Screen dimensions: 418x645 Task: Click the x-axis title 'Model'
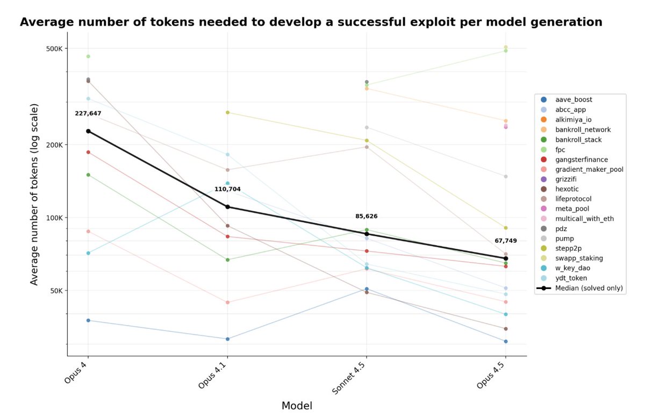pyautogui.click(x=297, y=406)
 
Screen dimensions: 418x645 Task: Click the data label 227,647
pyautogui.click(x=88, y=113)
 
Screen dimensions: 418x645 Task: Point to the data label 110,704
pyautogui.click(x=227, y=189)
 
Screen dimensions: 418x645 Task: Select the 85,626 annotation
pyautogui.click(x=366, y=216)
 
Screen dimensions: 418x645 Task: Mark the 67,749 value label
pyautogui.click(x=506, y=241)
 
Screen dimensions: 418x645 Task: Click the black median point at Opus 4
pyautogui.click(x=88, y=131)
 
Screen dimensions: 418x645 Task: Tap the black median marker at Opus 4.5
pyautogui.click(x=506, y=258)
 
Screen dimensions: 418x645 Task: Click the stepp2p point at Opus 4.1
pyautogui.click(x=227, y=112)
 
